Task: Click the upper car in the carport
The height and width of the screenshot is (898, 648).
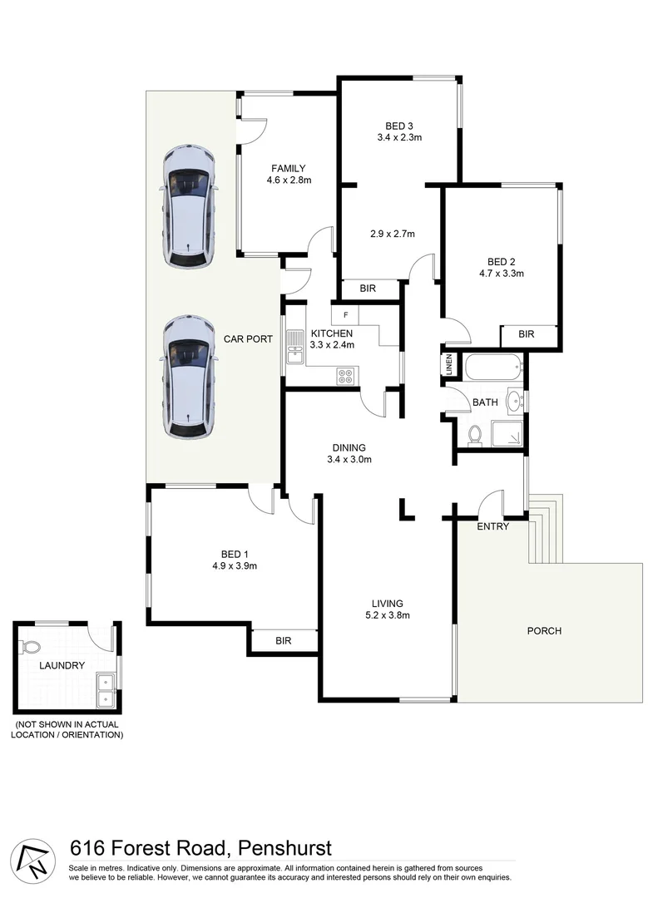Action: pos(190,205)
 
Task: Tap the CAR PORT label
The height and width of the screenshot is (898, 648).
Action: pos(248,339)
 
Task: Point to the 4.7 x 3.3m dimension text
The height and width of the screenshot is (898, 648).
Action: pos(501,273)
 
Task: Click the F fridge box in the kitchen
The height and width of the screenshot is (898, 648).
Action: pos(344,316)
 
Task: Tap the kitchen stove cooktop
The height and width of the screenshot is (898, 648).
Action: pos(346,376)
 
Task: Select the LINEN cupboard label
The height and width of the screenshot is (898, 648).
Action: pos(448,364)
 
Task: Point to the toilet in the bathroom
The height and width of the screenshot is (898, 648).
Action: pos(476,433)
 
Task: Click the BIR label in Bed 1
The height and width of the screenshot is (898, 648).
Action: pos(283,641)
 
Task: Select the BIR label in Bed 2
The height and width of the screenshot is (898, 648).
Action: pos(526,334)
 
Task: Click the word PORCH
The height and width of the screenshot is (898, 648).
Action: pos(544,631)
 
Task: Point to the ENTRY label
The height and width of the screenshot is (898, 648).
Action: pos(492,526)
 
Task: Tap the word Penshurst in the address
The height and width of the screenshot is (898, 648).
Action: pos(284,848)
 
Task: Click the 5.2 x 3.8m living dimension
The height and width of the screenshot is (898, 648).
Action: pos(387,616)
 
